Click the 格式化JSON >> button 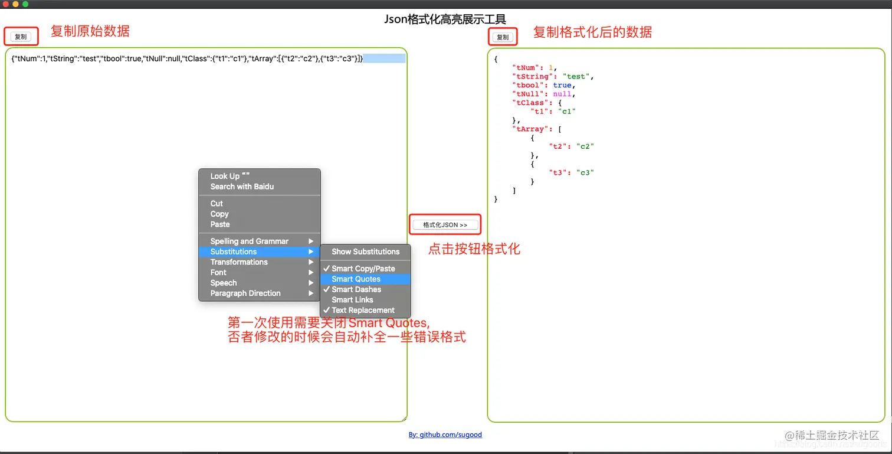[445, 225]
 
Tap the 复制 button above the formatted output [503, 37]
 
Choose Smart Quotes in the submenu [356, 279]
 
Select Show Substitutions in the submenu [365, 252]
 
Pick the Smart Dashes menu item [356, 289]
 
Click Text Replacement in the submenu [363, 310]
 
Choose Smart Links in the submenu [352, 300]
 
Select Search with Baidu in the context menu [242, 187]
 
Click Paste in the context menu [220, 224]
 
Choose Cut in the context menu [217, 204]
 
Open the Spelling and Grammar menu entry [250, 241]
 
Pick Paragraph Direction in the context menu [245, 293]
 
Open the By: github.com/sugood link [445, 435]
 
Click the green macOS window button [25, 4]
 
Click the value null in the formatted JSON [562, 94]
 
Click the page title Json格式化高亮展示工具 [445, 19]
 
